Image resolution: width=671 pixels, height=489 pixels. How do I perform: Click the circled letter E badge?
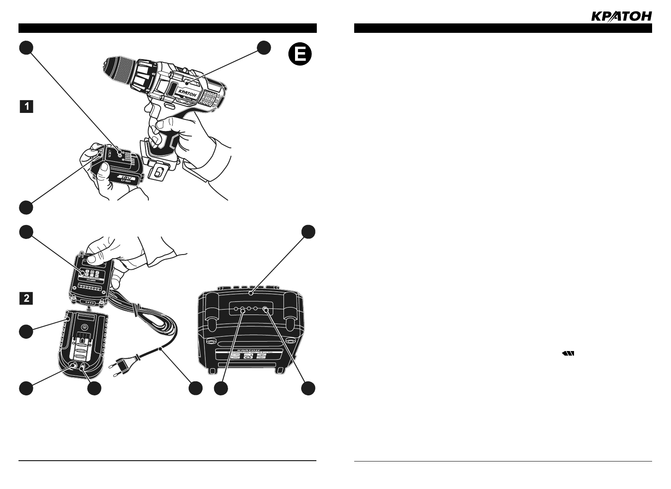click(x=300, y=55)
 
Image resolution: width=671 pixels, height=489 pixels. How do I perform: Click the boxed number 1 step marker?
click(x=27, y=107)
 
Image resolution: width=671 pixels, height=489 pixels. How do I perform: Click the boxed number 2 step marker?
click(x=27, y=298)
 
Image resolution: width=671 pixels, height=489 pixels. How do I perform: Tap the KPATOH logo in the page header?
click(x=621, y=16)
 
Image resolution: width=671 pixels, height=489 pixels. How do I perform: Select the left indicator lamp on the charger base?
click(x=74, y=365)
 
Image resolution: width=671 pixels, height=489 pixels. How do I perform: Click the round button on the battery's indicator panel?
click(x=120, y=153)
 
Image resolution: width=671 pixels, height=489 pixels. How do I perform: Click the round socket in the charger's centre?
click(x=84, y=327)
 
